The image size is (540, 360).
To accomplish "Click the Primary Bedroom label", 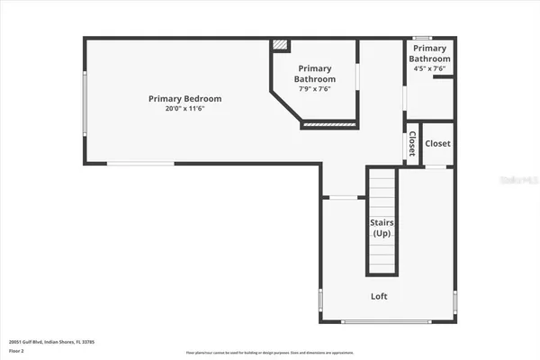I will (185, 99).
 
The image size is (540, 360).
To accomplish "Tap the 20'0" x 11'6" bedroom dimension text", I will (185, 109).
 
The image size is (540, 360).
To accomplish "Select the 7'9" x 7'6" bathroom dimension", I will (314, 89).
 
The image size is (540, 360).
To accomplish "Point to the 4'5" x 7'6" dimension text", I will (429, 69).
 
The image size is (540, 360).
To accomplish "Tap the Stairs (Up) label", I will (382, 228).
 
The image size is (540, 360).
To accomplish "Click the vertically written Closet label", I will (412, 143).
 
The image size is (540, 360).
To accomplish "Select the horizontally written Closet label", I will (437, 143).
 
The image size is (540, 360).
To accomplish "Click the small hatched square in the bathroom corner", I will (281, 43).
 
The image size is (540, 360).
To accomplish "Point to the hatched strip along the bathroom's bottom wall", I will (329, 124).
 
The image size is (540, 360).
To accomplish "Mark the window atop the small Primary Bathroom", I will (429, 38).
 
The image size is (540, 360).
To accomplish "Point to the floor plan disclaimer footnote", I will (269, 352).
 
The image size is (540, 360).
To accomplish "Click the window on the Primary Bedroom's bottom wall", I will (139, 163).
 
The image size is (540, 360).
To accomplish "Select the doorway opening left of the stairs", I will (343, 197).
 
